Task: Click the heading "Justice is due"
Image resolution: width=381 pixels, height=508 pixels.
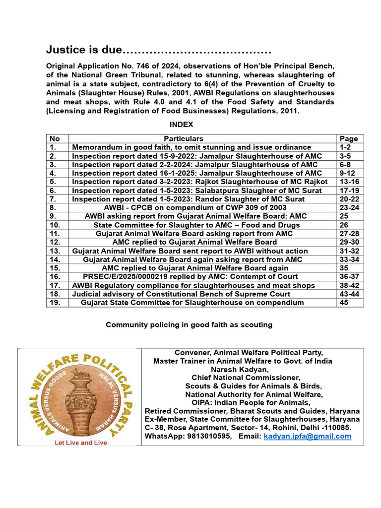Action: click(x=84, y=50)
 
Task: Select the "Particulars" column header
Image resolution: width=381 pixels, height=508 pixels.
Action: click(x=184, y=139)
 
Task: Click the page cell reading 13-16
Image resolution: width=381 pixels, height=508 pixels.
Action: click(x=349, y=182)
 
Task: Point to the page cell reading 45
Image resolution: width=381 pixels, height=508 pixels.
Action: click(x=344, y=302)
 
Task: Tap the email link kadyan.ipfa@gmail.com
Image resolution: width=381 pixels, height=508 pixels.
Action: click(x=307, y=437)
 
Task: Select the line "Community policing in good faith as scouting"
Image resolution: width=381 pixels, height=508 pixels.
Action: click(x=189, y=325)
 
